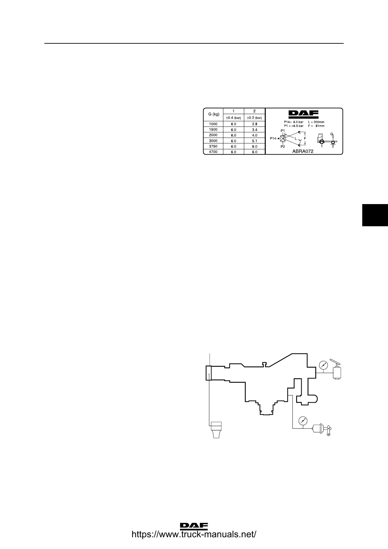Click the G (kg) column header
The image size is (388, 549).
pyautogui.click(x=213, y=114)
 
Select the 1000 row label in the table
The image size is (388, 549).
pyautogui.click(x=213, y=124)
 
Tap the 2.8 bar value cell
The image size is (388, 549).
pyautogui.click(x=254, y=124)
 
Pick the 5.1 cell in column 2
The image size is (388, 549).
pyautogui.click(x=254, y=141)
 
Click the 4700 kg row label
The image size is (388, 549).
pyautogui.click(x=213, y=152)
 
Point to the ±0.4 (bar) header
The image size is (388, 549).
pyautogui.click(x=233, y=118)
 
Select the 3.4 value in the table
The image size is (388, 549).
pyautogui.click(x=254, y=130)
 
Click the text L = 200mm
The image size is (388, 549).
pyautogui.click(x=316, y=122)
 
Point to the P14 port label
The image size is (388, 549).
pyautogui.click(x=273, y=139)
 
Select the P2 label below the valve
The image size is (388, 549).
pyautogui.click(x=283, y=147)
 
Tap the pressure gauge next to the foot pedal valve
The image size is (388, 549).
pyautogui.click(x=323, y=365)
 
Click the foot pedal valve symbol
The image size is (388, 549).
pyautogui.click(x=337, y=370)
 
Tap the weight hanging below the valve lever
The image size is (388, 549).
pyautogui.click(x=216, y=430)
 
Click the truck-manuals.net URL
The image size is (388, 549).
pyautogui.click(x=194, y=534)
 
